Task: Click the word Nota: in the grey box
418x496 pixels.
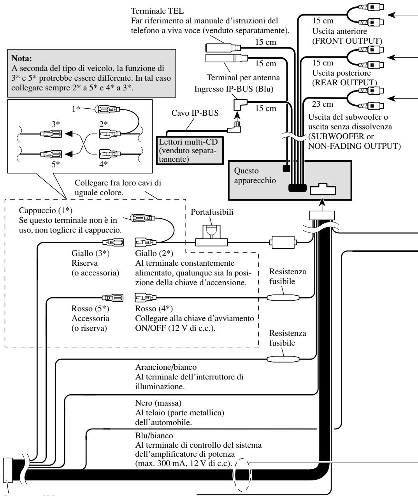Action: (x=21, y=58)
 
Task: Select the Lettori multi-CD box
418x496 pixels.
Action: (x=190, y=150)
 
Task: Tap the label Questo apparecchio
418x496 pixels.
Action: (x=255, y=176)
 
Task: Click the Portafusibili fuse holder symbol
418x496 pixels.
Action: (x=211, y=236)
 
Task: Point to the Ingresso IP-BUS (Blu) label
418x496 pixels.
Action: (x=234, y=89)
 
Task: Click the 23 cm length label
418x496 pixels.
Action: (x=322, y=104)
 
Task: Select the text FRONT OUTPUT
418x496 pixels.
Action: (x=347, y=41)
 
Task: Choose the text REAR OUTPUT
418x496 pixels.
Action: (x=344, y=83)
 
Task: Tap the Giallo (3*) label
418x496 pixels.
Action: (x=90, y=253)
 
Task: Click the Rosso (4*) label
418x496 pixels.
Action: (x=154, y=309)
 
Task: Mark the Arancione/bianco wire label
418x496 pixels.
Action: (x=166, y=367)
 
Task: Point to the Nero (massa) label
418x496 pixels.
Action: (x=158, y=403)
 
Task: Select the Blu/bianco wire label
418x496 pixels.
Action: (x=154, y=436)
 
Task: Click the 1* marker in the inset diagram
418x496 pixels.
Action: (x=76, y=109)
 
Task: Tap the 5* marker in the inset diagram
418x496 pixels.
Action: (x=56, y=164)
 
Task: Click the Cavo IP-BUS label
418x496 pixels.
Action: (x=195, y=113)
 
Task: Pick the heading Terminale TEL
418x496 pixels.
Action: (x=157, y=11)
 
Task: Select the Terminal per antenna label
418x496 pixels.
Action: (x=243, y=78)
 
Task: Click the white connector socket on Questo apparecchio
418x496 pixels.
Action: (x=323, y=189)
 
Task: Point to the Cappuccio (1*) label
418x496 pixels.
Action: (x=46, y=210)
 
